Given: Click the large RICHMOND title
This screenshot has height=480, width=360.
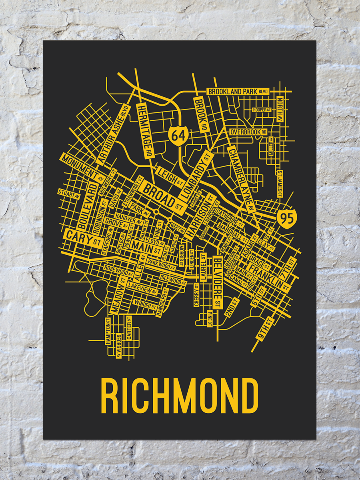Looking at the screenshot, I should click(180, 396).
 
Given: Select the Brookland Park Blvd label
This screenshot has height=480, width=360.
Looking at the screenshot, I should click(237, 92).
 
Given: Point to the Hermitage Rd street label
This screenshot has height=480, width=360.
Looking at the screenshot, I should click(145, 130).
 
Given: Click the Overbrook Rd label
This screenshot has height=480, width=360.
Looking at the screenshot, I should click(248, 132).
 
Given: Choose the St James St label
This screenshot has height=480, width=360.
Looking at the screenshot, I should click(280, 184).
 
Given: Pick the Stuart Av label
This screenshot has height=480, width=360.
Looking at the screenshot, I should click(69, 194).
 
